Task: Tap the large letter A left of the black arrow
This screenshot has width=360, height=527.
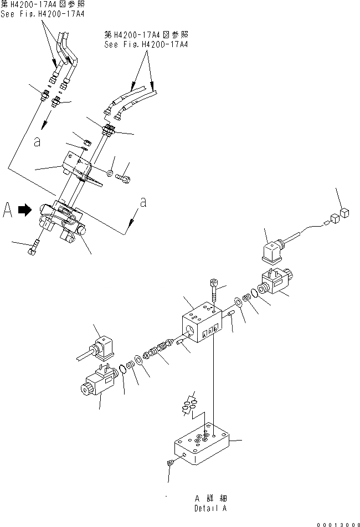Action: pyautogui.click(x=8, y=211)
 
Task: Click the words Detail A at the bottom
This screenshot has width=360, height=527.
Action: pyautogui.click(x=210, y=508)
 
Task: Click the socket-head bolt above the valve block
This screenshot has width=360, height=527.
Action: pyautogui.click(x=214, y=290)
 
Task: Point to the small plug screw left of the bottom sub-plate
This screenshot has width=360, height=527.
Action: pyautogui.click(x=169, y=463)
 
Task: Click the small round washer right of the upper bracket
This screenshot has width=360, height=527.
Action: pyautogui.click(x=111, y=173)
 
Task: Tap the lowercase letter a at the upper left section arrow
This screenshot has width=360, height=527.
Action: pyautogui.click(x=37, y=142)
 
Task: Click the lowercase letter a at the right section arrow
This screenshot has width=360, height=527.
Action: pyautogui.click(x=143, y=203)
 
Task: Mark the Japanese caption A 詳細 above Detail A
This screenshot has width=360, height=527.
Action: pyautogui.click(x=210, y=498)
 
